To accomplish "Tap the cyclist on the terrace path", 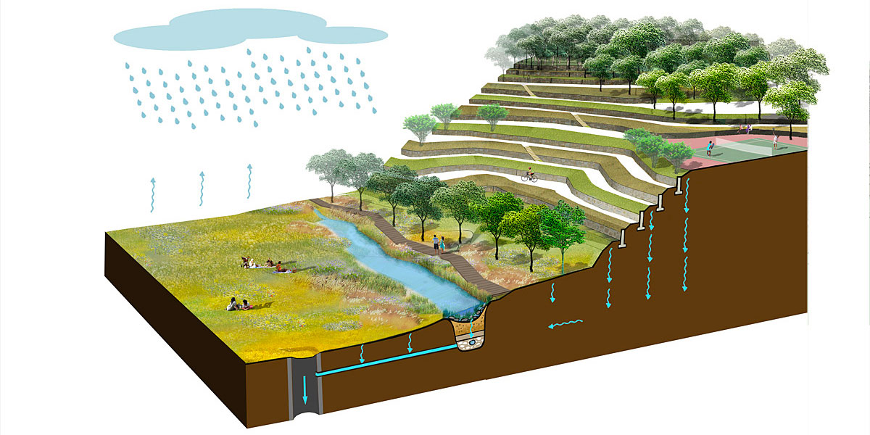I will [529, 175].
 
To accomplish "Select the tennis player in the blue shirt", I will [710, 147].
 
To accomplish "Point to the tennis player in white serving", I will [774, 139].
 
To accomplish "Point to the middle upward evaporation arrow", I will [201, 188].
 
